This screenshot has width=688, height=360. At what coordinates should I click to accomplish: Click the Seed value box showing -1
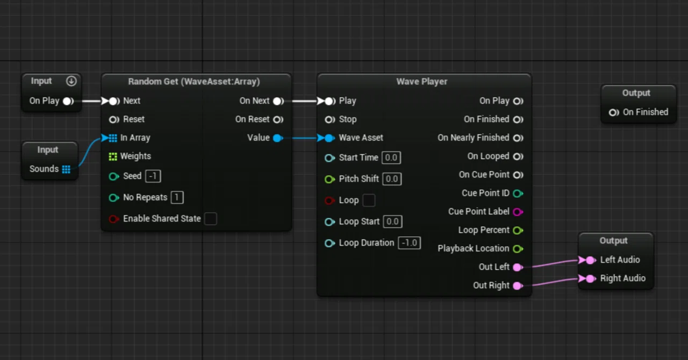[x=153, y=176]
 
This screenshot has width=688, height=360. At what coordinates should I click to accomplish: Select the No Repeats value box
[x=177, y=197]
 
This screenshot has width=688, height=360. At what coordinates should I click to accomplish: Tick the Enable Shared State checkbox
[x=211, y=219]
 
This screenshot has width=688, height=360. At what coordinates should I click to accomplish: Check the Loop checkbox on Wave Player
[x=369, y=200]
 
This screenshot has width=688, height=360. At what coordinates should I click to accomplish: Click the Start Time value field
[x=391, y=157]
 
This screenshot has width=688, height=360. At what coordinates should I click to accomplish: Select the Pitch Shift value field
[x=392, y=179]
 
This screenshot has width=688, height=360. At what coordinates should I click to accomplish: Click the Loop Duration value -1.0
[x=409, y=243]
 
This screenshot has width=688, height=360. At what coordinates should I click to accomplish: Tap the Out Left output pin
[x=518, y=267]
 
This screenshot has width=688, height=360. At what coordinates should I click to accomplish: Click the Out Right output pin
[x=518, y=286]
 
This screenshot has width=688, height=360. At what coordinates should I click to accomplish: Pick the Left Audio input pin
[x=590, y=260]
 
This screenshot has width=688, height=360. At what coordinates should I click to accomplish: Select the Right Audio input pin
[x=590, y=279]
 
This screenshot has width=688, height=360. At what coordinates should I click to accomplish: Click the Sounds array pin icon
[x=66, y=169]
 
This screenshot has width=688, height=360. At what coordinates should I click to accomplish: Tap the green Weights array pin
[x=113, y=157]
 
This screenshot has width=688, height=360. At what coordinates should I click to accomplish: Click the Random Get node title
[x=194, y=81]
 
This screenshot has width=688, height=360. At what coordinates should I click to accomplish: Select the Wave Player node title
[x=422, y=81]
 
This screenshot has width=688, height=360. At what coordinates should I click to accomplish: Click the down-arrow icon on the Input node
[x=71, y=81]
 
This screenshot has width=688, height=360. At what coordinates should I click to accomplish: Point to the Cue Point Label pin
[x=518, y=212]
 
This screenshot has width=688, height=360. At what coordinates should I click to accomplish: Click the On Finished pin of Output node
[x=614, y=113]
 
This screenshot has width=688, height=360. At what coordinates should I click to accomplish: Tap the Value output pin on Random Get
[x=278, y=138]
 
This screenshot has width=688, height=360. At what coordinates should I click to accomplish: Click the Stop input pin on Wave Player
[x=330, y=119]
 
